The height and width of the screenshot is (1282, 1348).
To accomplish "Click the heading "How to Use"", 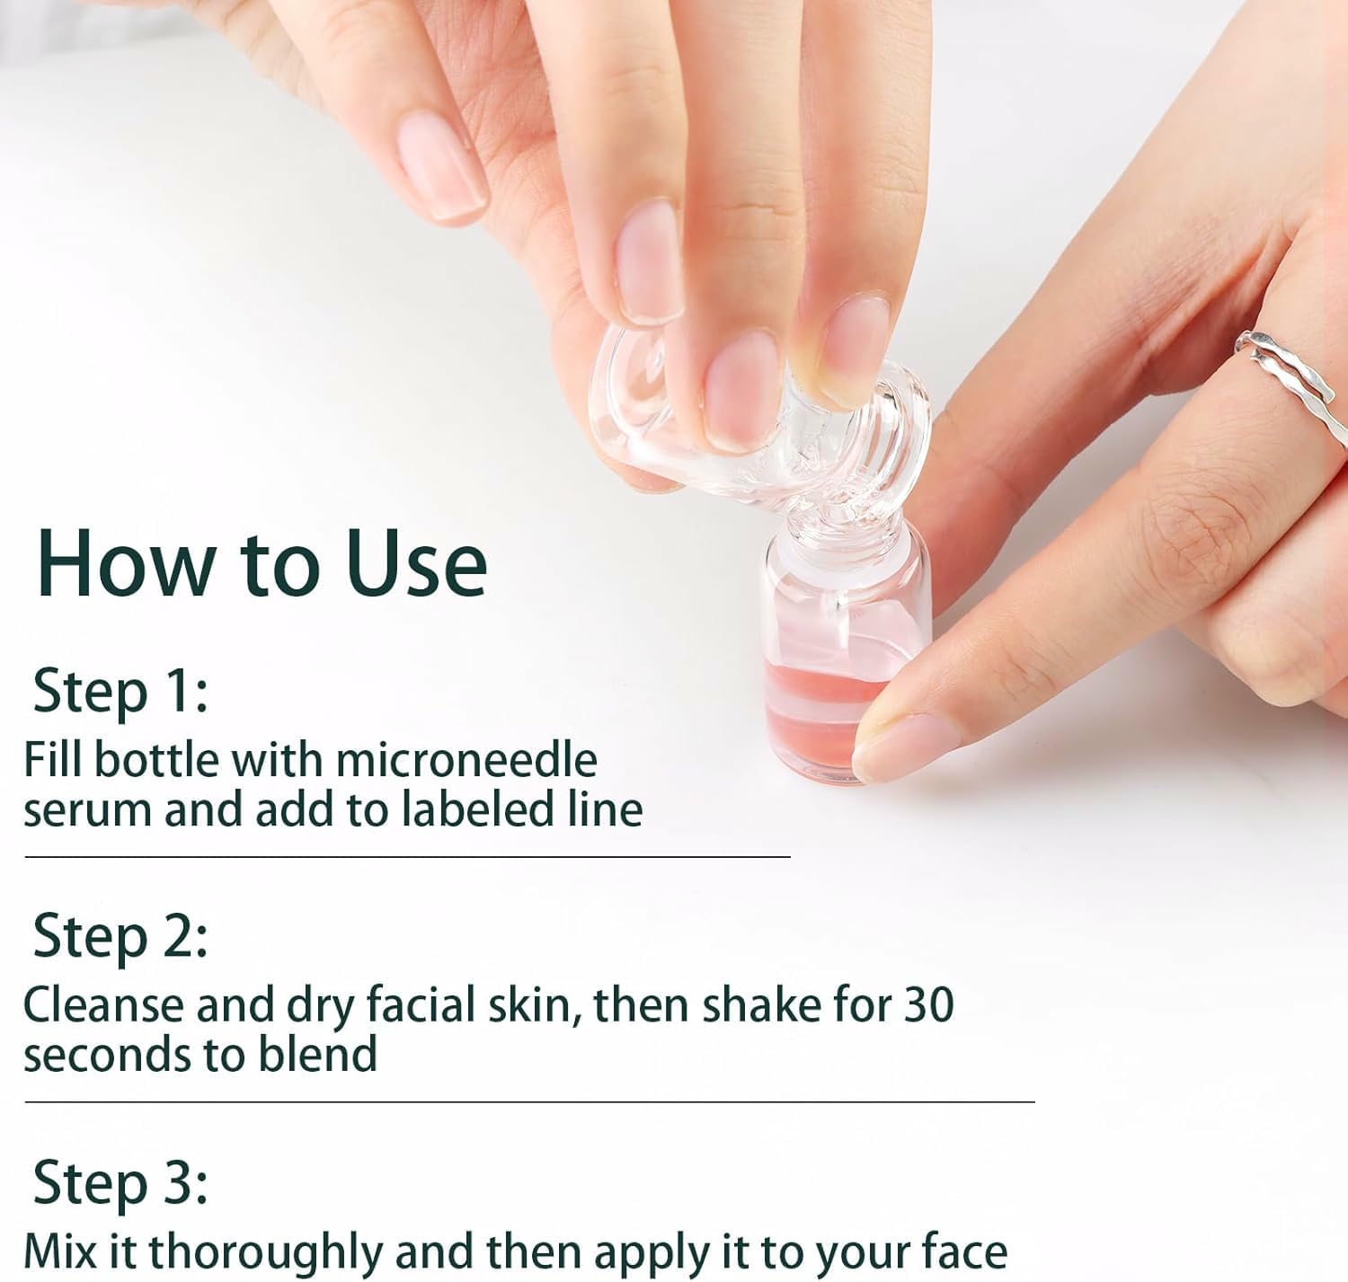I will tap(262, 563).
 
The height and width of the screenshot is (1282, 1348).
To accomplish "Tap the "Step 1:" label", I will tap(120, 692).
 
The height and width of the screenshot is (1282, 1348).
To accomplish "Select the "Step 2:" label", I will tap(120, 936).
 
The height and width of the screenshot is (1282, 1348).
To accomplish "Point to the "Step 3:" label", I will tap(120, 1183).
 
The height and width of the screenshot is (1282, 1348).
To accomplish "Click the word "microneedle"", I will tap(466, 760).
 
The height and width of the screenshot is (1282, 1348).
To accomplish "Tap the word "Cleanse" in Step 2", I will tap(102, 1005).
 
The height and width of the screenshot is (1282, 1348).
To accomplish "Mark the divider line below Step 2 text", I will tap(529, 1101).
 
